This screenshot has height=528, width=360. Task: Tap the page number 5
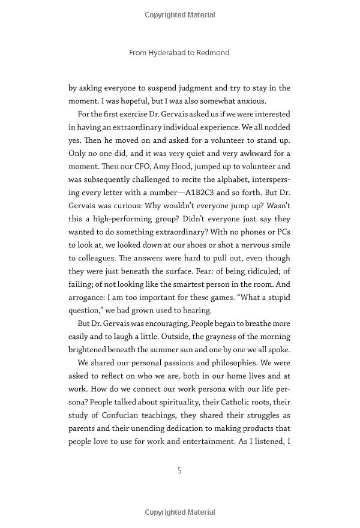click(179, 470)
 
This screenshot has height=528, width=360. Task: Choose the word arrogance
click(89, 297)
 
